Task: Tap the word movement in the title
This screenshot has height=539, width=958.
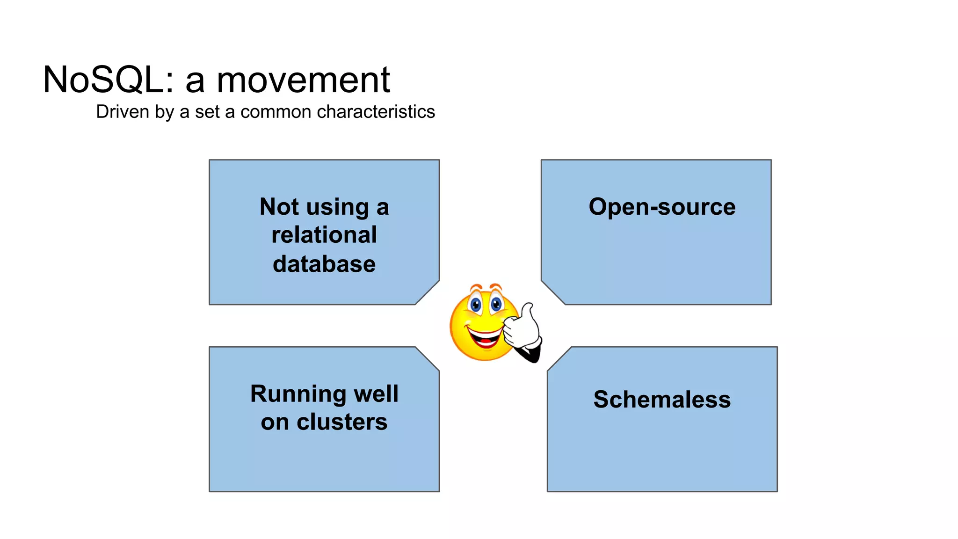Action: point(303,80)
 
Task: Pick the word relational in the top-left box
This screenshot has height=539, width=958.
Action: point(324,235)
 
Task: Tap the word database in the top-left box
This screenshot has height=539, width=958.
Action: point(324,264)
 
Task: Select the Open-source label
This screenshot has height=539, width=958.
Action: point(661,206)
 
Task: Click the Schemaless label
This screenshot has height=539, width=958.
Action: point(661,400)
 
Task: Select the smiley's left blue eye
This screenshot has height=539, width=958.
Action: point(475,306)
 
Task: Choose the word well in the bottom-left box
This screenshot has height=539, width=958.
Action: point(376,393)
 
